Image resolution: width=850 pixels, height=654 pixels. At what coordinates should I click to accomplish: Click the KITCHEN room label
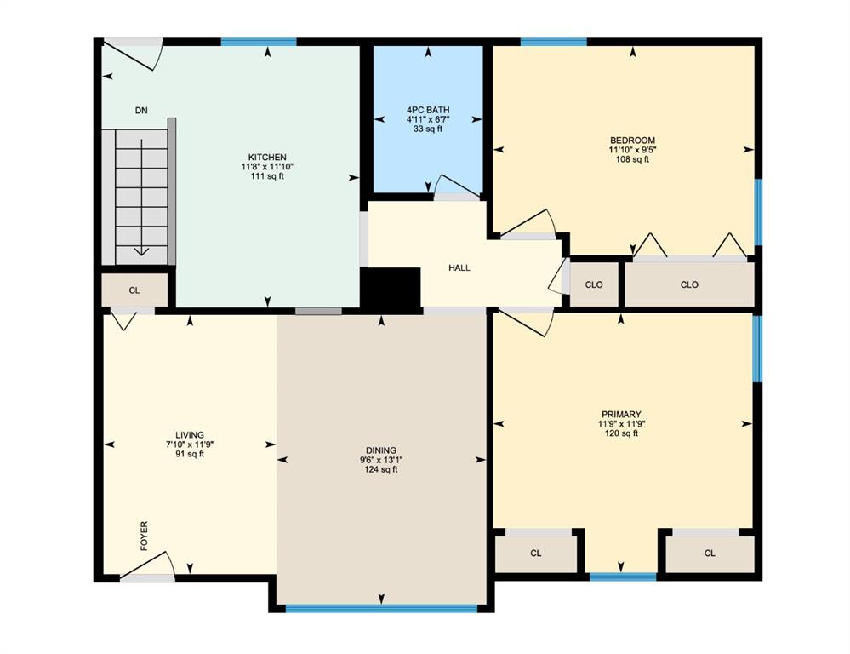pyautogui.click(x=267, y=158)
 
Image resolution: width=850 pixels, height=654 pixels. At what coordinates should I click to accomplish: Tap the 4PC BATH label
pyautogui.click(x=428, y=110)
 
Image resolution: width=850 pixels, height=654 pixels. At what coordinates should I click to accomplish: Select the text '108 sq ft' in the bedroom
pyautogui.click(x=633, y=159)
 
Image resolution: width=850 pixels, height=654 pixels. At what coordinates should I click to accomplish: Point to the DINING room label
pyautogui.click(x=381, y=450)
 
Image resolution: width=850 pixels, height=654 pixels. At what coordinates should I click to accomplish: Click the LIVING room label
pyautogui.click(x=190, y=435)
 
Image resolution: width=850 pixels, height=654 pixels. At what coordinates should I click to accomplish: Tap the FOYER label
pyautogui.click(x=144, y=536)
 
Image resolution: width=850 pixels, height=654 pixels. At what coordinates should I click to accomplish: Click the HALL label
pyautogui.click(x=459, y=267)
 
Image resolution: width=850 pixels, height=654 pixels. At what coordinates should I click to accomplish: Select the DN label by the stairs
pyautogui.click(x=141, y=111)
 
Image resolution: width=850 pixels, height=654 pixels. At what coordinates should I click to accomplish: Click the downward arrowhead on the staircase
pyautogui.click(x=142, y=251)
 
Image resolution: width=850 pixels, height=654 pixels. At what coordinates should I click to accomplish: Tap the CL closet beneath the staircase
pyautogui.click(x=134, y=290)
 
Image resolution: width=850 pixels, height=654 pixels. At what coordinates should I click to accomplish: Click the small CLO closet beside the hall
pyautogui.click(x=594, y=284)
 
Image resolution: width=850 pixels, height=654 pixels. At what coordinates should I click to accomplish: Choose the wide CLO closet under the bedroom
pyautogui.click(x=689, y=284)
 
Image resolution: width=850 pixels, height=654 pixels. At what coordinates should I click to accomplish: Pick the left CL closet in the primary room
pyautogui.click(x=536, y=554)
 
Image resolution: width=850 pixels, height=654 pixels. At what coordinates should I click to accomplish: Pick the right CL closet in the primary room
pyautogui.click(x=710, y=554)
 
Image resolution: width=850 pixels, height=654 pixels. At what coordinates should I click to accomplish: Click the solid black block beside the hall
pyautogui.click(x=391, y=290)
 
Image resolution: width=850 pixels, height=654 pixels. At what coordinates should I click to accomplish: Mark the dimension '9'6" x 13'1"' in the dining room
pyautogui.click(x=381, y=460)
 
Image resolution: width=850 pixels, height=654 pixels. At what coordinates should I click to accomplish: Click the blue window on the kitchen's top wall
pyautogui.click(x=259, y=42)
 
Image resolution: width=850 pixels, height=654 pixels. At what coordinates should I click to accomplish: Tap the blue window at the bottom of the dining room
pyautogui.click(x=381, y=608)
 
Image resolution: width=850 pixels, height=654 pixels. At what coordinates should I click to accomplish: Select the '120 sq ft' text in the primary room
pyautogui.click(x=621, y=433)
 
